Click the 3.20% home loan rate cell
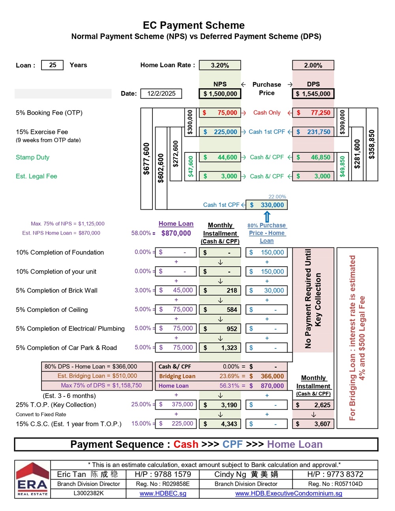point(220,66)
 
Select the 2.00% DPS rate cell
point(313,66)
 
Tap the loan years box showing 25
point(53,65)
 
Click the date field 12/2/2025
point(161,94)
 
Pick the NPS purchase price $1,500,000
point(220,94)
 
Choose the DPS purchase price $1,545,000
point(313,94)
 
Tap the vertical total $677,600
point(147,159)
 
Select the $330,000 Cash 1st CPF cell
point(267,205)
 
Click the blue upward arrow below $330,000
point(267,216)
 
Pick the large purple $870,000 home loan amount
point(176,233)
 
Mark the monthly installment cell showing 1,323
point(220,348)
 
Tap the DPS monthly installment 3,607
point(313,424)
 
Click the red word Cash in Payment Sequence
point(186,445)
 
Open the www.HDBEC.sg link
point(163,494)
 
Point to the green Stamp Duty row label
point(33,157)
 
